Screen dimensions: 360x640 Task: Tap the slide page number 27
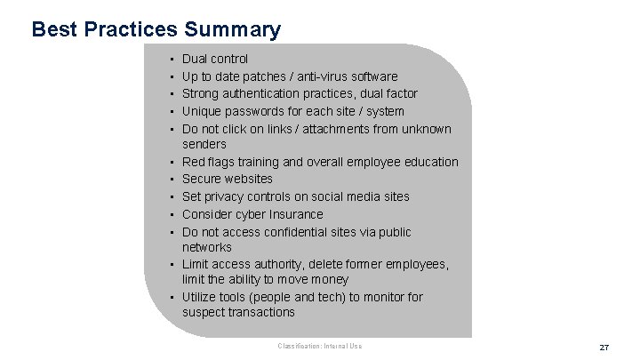(x=604, y=347)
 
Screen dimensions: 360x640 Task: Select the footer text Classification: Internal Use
(x=320, y=345)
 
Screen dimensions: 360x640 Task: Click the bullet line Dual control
(x=215, y=59)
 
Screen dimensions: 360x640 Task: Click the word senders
(x=204, y=144)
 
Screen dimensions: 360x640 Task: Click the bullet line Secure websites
(x=228, y=179)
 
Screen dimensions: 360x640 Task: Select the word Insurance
(x=293, y=214)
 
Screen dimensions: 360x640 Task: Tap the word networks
(x=207, y=247)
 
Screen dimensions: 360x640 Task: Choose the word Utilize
(x=200, y=297)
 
